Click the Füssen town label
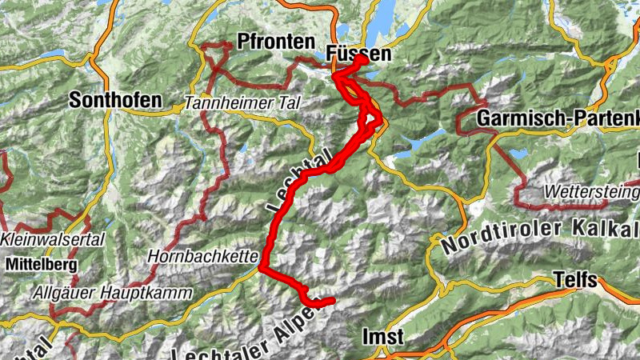(359, 54)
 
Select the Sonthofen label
(115, 101)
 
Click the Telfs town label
(575, 280)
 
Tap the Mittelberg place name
(38, 262)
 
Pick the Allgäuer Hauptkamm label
(112, 293)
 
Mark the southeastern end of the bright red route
(330, 301)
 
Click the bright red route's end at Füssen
(364, 60)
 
